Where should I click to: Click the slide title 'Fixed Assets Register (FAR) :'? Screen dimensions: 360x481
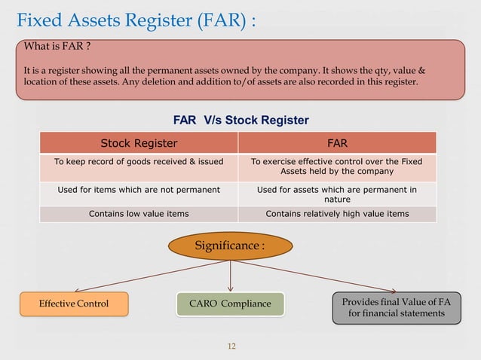click(136, 19)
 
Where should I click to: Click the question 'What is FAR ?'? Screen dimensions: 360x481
click(57, 47)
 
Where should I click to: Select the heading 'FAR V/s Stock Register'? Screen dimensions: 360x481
click(240, 120)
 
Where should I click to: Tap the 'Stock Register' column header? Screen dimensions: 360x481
click(139, 143)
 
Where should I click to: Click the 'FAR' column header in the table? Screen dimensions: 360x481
click(336, 143)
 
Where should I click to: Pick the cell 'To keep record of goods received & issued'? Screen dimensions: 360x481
click(139, 161)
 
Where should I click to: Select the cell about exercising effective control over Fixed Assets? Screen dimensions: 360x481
click(336, 166)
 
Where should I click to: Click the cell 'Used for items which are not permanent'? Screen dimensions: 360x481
click(139, 190)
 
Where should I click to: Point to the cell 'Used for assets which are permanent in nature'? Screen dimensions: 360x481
click(336, 194)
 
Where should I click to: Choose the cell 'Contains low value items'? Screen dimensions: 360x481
click(139, 214)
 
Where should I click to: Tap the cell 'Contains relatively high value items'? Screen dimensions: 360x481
click(336, 214)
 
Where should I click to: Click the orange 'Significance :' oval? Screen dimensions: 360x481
click(230, 246)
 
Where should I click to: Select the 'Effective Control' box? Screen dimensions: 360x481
click(74, 304)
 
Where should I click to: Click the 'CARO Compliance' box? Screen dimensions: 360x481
click(230, 304)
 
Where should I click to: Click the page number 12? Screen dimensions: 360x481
click(231, 346)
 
